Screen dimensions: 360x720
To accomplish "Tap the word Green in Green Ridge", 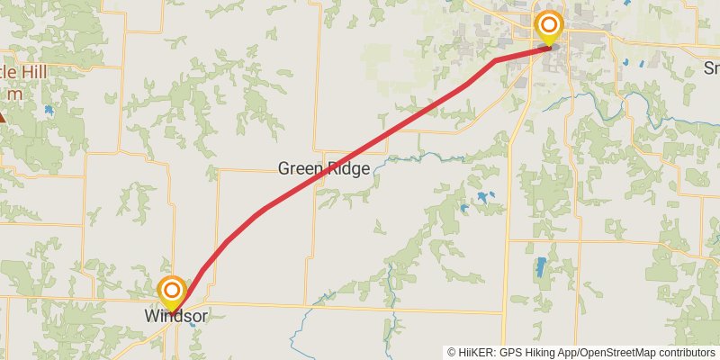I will pos(297,168).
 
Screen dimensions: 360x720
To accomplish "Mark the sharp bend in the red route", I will pos(496,60).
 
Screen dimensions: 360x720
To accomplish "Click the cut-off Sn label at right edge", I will pos(711,68).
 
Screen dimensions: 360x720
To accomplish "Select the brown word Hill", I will pos(36,71).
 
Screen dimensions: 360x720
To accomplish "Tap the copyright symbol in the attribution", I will pos(453,352).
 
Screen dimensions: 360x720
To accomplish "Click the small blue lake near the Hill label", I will pos(48,111).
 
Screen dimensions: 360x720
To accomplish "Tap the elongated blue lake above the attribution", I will pos(540,267).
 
